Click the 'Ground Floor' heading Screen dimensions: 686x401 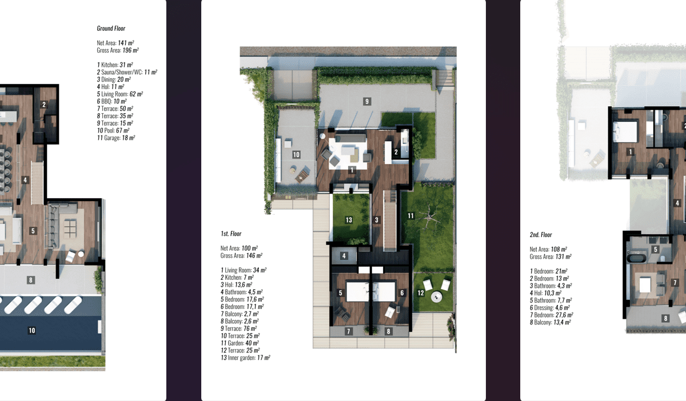(x=111, y=29)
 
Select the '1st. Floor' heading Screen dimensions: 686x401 (x=231, y=234)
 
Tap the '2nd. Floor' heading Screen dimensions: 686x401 (x=541, y=235)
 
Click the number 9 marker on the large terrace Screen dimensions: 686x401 (x=367, y=101)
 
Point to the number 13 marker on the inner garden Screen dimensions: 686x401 (x=349, y=220)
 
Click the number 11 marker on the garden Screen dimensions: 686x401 (x=410, y=216)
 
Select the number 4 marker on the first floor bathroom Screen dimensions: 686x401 (x=344, y=255)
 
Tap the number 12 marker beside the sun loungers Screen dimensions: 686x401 (x=421, y=293)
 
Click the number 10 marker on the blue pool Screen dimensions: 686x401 (x=32, y=330)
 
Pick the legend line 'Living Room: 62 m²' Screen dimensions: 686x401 (x=119, y=94)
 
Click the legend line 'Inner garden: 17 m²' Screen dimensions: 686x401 (x=245, y=358)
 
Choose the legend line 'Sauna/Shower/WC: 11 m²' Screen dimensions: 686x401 (x=127, y=72)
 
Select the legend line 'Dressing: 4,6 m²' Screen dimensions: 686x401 (x=550, y=308)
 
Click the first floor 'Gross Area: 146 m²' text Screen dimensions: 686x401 (x=241, y=255)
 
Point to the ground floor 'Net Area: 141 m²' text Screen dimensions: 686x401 (x=115, y=43)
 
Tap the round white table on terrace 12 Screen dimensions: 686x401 (x=436, y=296)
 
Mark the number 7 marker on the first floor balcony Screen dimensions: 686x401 (x=348, y=331)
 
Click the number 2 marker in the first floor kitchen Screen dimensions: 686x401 (x=396, y=152)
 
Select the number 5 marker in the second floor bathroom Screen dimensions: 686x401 (x=655, y=250)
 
